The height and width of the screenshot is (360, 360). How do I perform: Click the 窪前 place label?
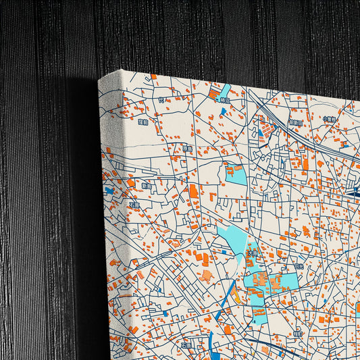143,122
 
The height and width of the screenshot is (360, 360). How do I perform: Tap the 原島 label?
187,148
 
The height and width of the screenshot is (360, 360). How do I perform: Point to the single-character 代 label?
161,100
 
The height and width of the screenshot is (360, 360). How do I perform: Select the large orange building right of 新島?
194,191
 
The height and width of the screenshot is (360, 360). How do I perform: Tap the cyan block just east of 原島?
236,174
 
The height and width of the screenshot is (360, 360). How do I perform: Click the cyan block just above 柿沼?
224,90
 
